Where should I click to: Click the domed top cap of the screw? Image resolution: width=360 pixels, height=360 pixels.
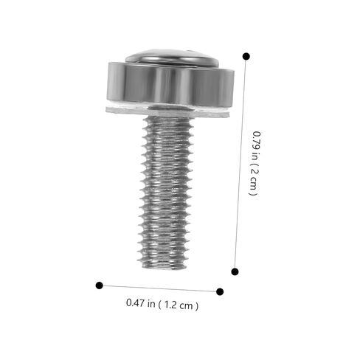pyautogui.click(x=172, y=57)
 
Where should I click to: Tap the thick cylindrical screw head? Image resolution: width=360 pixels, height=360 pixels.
pyautogui.click(x=170, y=85)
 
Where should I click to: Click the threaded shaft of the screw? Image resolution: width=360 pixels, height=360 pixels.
pyautogui.click(x=165, y=192)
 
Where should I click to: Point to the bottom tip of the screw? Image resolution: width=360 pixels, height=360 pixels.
pyautogui.click(x=165, y=268)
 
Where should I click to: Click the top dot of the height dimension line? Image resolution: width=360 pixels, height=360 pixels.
pyautogui.click(x=246, y=56)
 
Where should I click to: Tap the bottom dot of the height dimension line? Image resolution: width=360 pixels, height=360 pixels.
pyautogui.click(x=235, y=271)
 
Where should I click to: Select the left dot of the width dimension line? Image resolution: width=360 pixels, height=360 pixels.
pyautogui.click(x=100, y=285)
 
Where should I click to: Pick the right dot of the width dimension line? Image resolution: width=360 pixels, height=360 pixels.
pyautogui.click(x=220, y=291)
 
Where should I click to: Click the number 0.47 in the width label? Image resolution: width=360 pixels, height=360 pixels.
pyautogui.click(x=136, y=302)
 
